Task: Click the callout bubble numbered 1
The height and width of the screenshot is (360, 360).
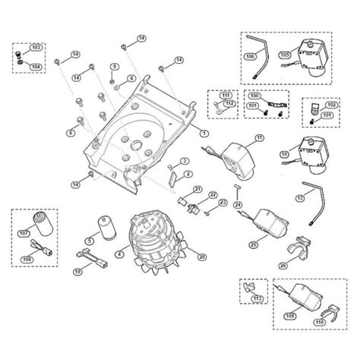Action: (x=204, y=132)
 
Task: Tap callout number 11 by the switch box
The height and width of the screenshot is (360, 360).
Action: (x=259, y=137)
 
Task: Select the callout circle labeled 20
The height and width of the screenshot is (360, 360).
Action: (x=201, y=257)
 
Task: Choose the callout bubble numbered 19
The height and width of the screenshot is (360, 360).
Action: (x=77, y=270)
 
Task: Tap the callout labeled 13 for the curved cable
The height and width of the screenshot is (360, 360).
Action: (x=300, y=197)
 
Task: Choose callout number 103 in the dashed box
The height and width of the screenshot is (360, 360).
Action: (x=35, y=47)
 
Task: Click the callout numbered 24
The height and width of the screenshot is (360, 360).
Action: (x=238, y=204)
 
